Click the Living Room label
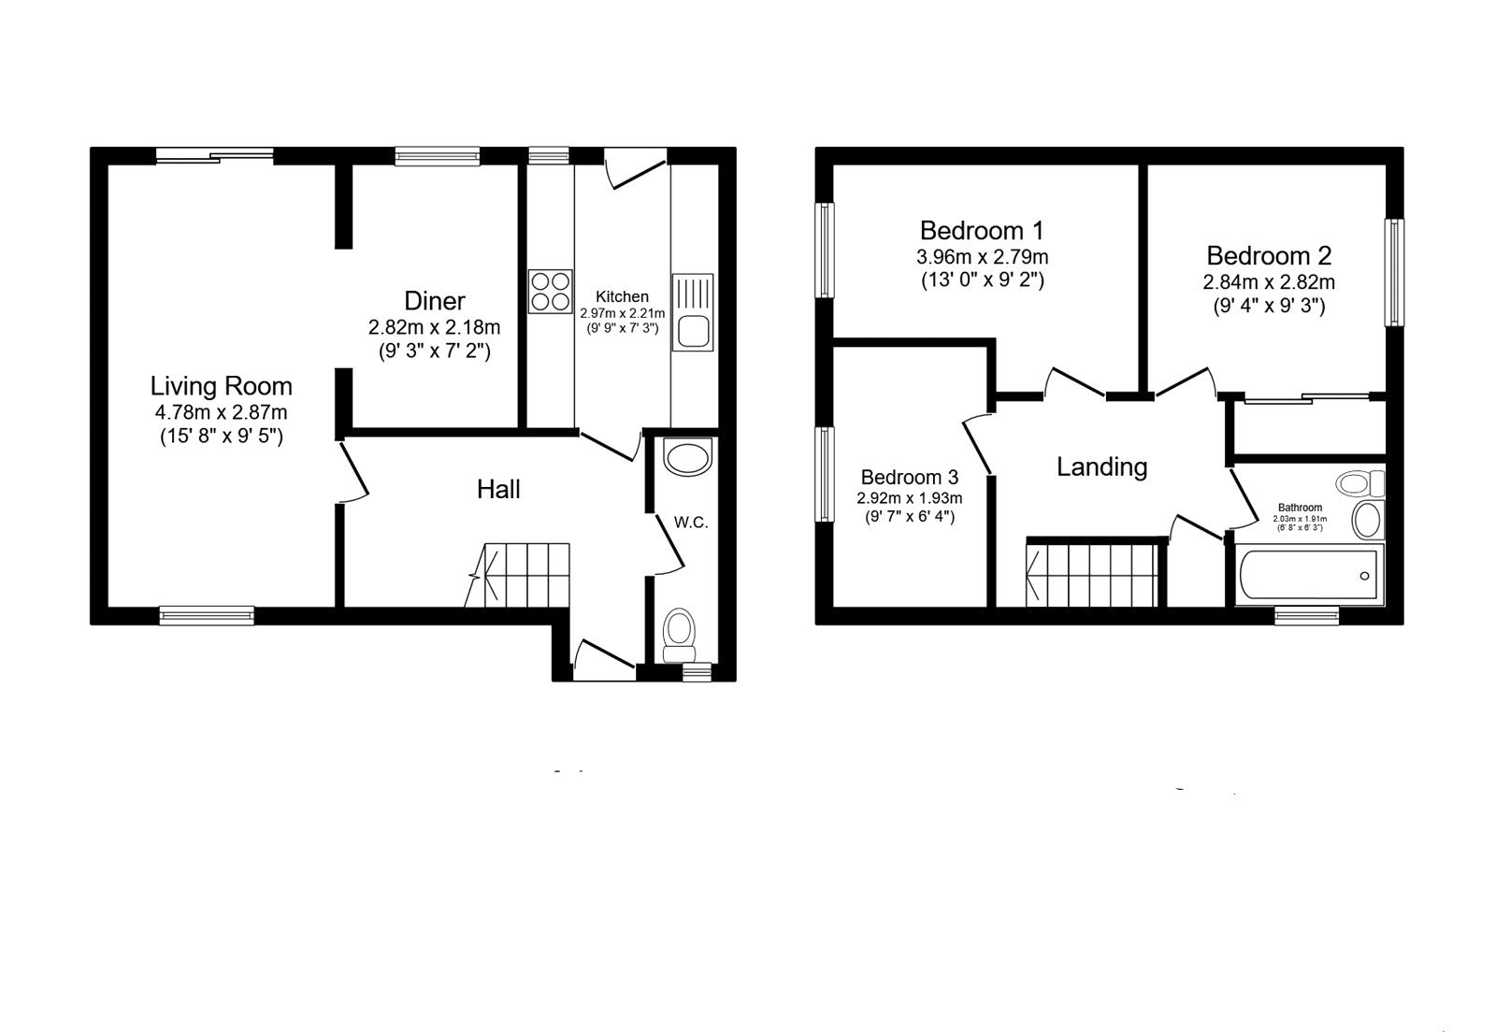click(222, 386)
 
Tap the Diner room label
click(435, 301)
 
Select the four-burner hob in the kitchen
click(550, 291)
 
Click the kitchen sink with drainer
click(692, 312)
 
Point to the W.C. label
click(691, 522)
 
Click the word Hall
click(498, 489)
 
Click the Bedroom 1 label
click(982, 230)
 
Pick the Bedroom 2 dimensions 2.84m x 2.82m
click(1269, 281)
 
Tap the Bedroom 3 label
click(910, 477)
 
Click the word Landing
click(1101, 466)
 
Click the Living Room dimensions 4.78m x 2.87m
click(222, 412)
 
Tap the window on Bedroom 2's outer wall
click(1394, 272)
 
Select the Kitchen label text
click(622, 296)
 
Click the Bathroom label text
click(1300, 508)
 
